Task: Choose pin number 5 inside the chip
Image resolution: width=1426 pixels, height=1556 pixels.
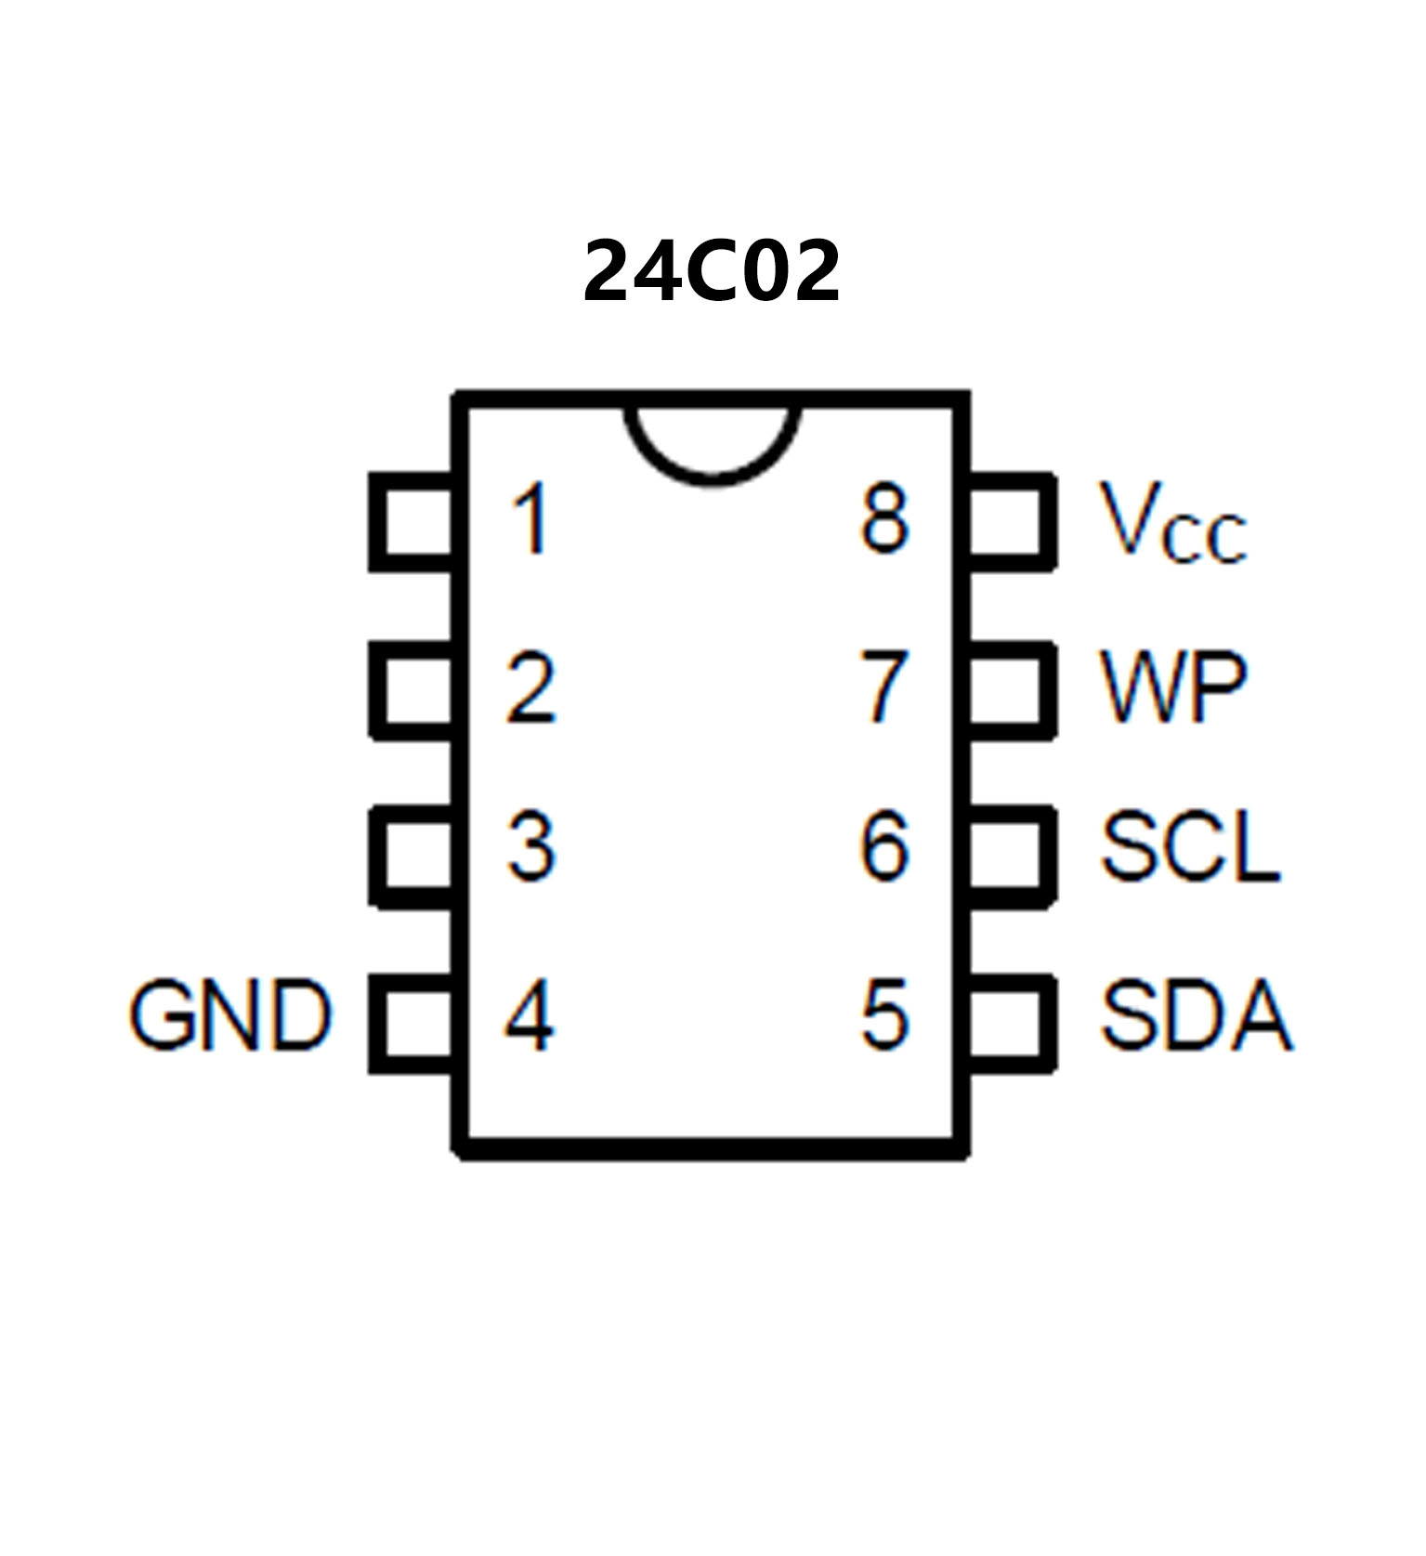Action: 883,1015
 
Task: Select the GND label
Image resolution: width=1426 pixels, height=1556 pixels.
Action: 229,1015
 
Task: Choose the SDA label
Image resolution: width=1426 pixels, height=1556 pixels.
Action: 1196,1015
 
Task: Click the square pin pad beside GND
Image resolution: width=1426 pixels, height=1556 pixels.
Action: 412,1023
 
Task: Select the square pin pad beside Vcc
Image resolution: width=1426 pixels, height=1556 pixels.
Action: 1011,521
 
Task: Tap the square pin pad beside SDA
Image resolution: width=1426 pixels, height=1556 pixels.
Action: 1011,1023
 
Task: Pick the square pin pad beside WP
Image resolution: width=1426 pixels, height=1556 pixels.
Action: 1011,689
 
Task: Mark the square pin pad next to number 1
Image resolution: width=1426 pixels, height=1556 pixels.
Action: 412,521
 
